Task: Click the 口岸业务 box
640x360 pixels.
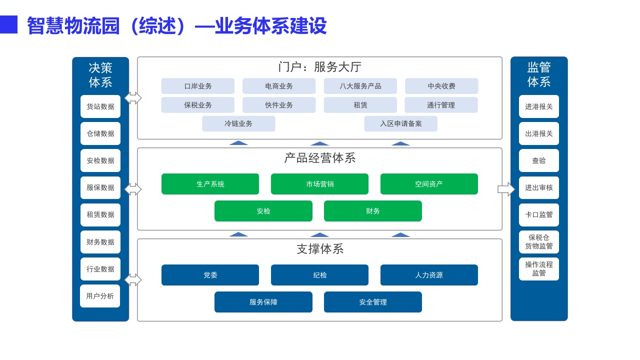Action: coord(197,86)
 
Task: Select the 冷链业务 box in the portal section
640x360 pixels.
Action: coord(238,123)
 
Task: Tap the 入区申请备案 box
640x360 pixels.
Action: coord(400,123)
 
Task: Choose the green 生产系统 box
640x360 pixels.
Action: coord(210,184)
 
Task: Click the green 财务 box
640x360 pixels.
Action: coord(373,211)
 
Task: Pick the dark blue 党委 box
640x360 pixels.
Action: coord(210,275)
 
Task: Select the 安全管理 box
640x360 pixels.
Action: coord(373,302)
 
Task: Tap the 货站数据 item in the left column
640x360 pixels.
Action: coord(100,106)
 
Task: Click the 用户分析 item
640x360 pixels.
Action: coord(100,296)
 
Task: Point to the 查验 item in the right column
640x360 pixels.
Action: coord(539,160)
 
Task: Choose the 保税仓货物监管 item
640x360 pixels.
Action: coord(539,242)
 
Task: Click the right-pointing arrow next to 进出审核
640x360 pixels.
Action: coord(506,189)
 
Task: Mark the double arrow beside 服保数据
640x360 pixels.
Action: coord(133,189)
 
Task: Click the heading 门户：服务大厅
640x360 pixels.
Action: coord(319,67)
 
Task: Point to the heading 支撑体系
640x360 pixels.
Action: coord(320,249)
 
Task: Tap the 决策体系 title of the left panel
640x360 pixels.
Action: coord(100,75)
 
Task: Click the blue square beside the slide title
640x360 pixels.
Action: coord(8,24)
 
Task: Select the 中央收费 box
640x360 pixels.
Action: coord(441,86)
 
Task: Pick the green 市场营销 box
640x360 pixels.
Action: coord(319,184)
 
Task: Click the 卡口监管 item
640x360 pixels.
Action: coord(539,215)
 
